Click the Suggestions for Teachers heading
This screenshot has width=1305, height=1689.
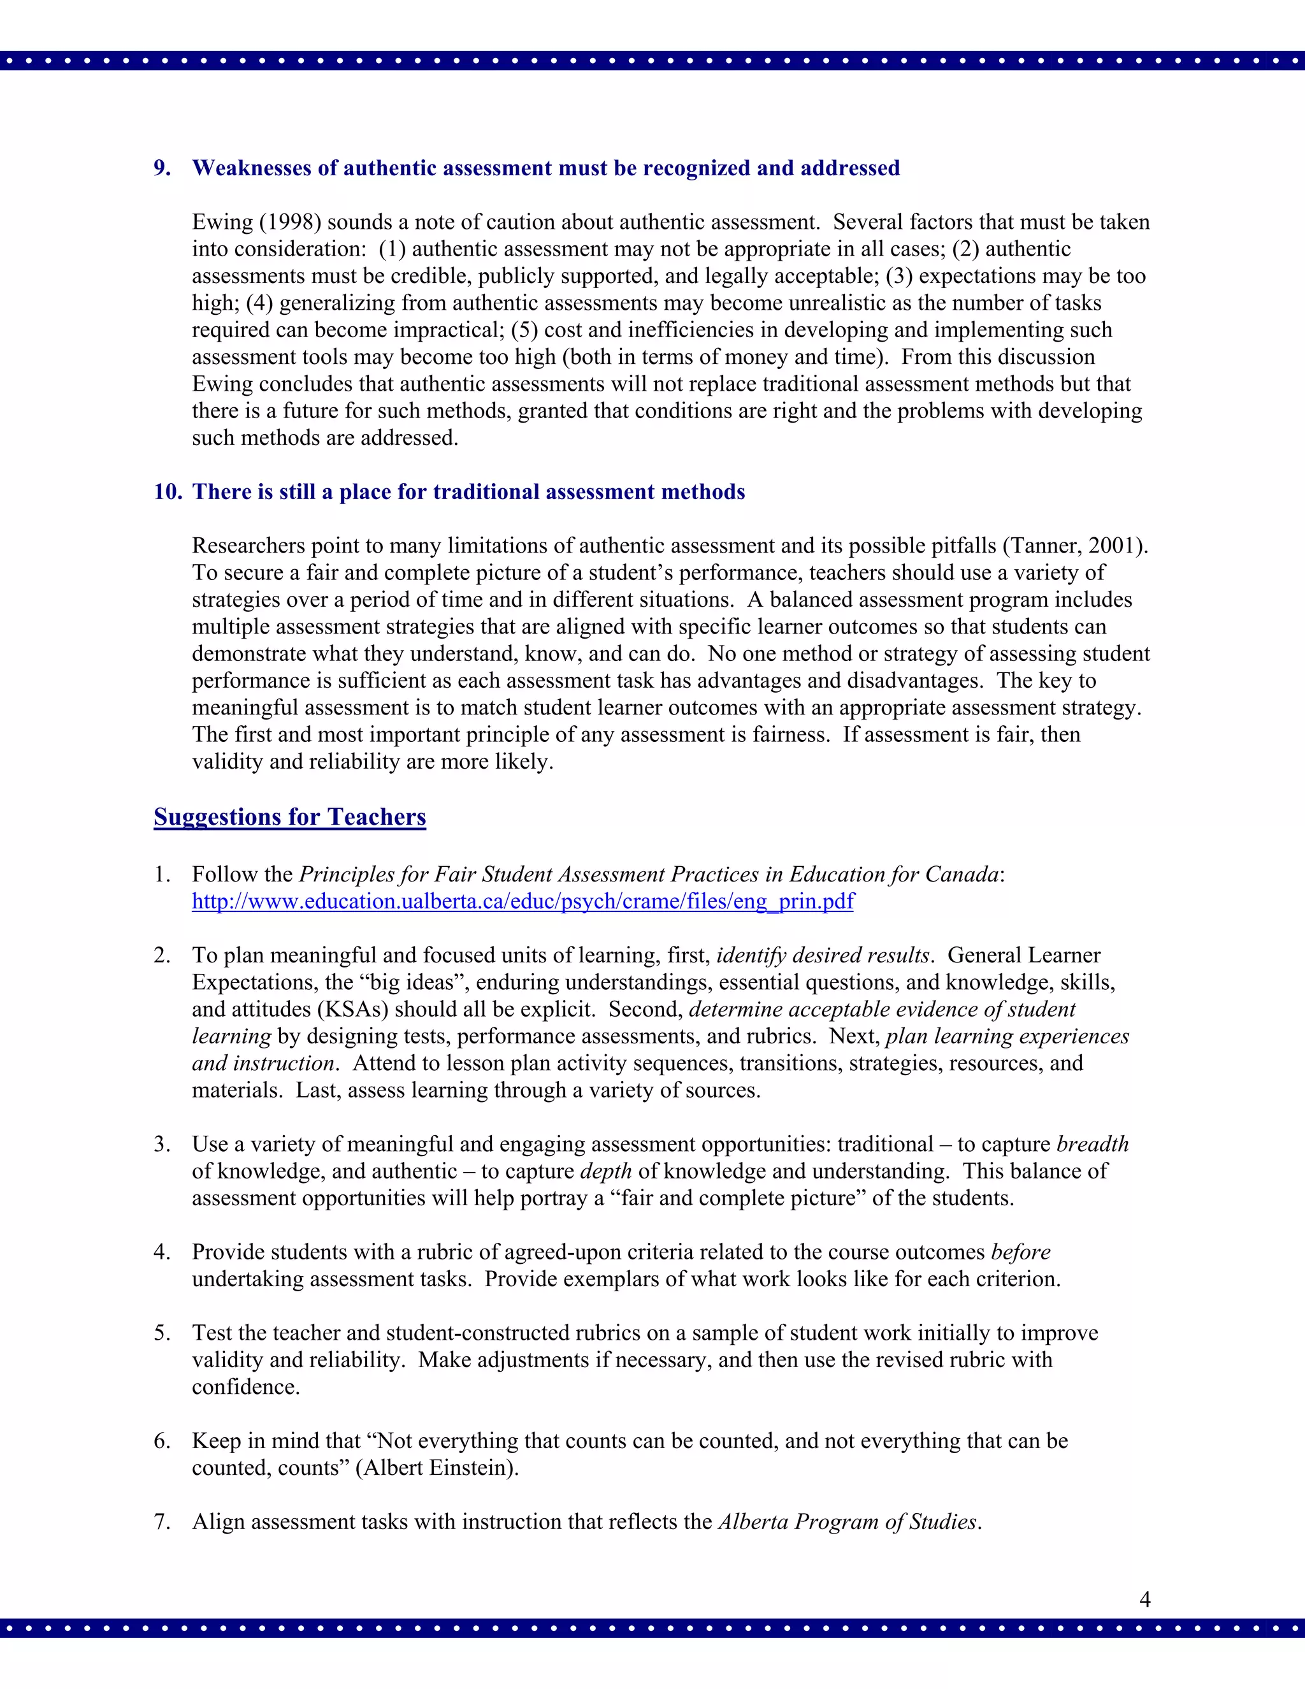point(289,818)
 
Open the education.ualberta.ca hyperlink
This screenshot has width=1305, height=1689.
point(523,902)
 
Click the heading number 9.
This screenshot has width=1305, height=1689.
point(162,169)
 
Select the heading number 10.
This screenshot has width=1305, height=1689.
point(167,493)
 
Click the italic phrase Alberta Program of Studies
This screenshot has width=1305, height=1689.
point(848,1522)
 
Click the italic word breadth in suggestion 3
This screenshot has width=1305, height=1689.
point(1092,1145)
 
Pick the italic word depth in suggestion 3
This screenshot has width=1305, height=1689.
point(605,1171)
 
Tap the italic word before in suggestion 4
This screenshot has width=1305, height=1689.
point(1021,1252)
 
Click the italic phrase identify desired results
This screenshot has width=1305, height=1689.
point(822,956)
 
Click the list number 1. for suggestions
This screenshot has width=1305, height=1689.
point(161,874)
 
